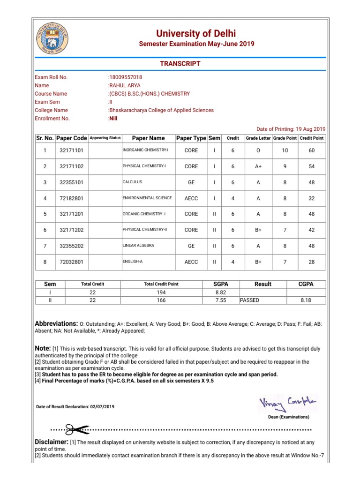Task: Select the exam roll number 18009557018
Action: [126, 77]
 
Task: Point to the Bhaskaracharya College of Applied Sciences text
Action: [161, 110]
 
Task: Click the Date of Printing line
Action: [291, 129]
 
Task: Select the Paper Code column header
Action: [72, 138]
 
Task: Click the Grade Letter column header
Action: [258, 138]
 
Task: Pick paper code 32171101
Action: [71, 151]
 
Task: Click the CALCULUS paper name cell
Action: [133, 182]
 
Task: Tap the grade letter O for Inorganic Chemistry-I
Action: [258, 151]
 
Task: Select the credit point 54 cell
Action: [312, 166]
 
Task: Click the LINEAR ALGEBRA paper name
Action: [138, 246]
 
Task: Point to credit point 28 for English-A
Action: [312, 262]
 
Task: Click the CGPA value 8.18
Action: [306, 300]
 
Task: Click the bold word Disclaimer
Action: [52, 442]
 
